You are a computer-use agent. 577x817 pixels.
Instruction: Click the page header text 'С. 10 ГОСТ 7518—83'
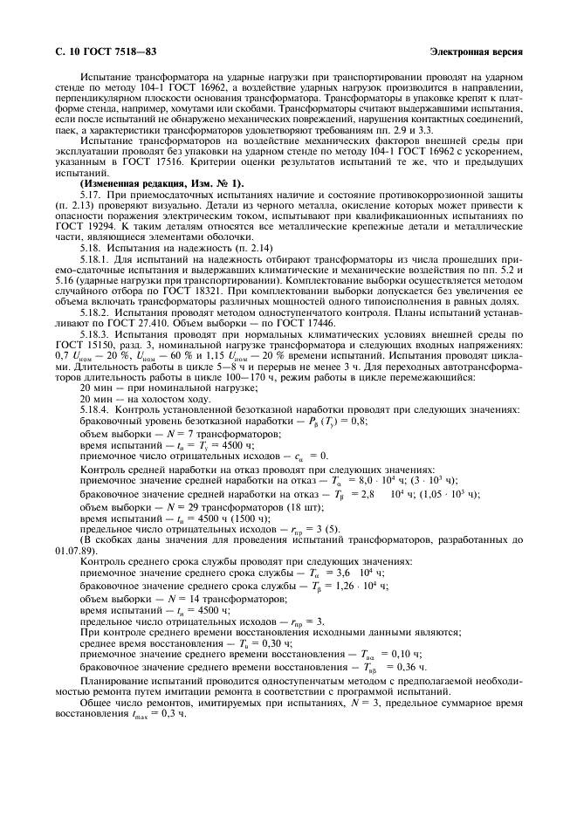[x=97, y=52]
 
